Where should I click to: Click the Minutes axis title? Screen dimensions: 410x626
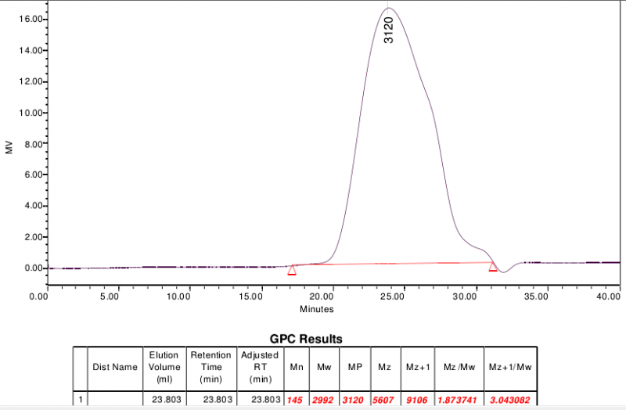click(x=316, y=308)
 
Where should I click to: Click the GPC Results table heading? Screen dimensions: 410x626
click(x=306, y=339)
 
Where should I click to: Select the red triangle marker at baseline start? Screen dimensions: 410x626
click(x=292, y=271)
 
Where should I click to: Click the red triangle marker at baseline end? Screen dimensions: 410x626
click(x=493, y=268)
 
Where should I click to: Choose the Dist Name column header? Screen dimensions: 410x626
click(x=114, y=366)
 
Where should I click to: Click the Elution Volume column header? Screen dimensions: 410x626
click(x=164, y=366)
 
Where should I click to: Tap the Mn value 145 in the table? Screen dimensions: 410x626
click(x=297, y=400)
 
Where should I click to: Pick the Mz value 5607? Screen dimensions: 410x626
click(x=384, y=400)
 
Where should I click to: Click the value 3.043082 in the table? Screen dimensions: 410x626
click(x=509, y=400)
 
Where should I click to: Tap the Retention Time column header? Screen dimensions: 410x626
click(x=210, y=366)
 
